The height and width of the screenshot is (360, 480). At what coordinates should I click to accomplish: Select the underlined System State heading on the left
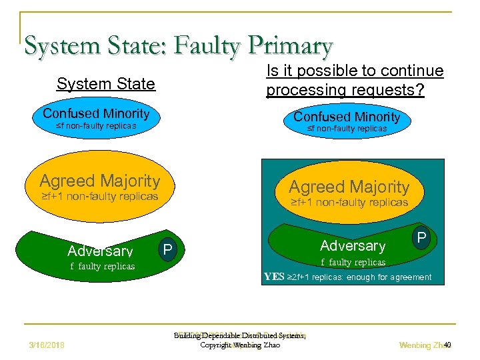(105, 84)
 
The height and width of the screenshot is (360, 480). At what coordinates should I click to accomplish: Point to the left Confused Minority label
(96, 113)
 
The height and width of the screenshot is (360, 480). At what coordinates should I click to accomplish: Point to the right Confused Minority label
(347, 117)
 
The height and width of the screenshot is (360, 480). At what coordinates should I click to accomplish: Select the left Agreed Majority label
(99, 181)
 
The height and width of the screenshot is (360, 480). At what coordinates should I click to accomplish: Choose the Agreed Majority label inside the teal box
(349, 187)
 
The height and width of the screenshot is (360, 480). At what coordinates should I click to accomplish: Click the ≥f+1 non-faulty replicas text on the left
(99, 197)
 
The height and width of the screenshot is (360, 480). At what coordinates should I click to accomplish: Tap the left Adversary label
(100, 251)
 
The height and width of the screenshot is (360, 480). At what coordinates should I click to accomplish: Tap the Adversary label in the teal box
(353, 246)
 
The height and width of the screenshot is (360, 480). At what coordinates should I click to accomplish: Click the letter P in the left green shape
(168, 249)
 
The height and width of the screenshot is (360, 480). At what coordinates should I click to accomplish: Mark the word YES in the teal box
(274, 277)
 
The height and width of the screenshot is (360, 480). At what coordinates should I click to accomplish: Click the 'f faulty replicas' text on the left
(102, 266)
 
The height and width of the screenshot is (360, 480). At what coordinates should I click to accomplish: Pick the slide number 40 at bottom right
(447, 345)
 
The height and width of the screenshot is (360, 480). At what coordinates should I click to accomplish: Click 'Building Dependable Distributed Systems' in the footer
(239, 336)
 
